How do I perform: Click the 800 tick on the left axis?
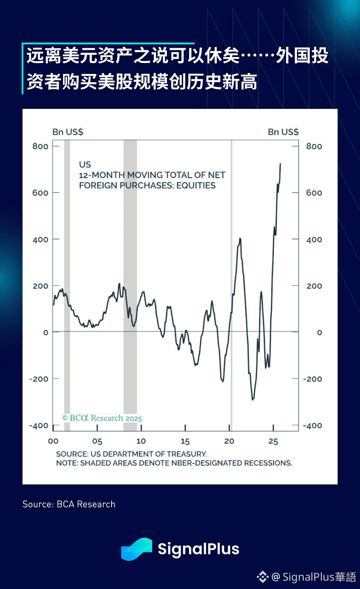point(40,146)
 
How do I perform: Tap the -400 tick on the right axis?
point(313,426)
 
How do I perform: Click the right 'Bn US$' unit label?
point(283,132)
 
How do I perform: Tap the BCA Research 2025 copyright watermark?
point(102,418)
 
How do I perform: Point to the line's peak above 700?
point(280,164)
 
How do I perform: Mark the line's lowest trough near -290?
point(252,399)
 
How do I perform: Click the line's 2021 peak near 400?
point(240,238)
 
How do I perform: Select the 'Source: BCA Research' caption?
point(69,504)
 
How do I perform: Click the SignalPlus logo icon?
point(136,549)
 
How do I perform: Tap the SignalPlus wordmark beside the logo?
point(198,549)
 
